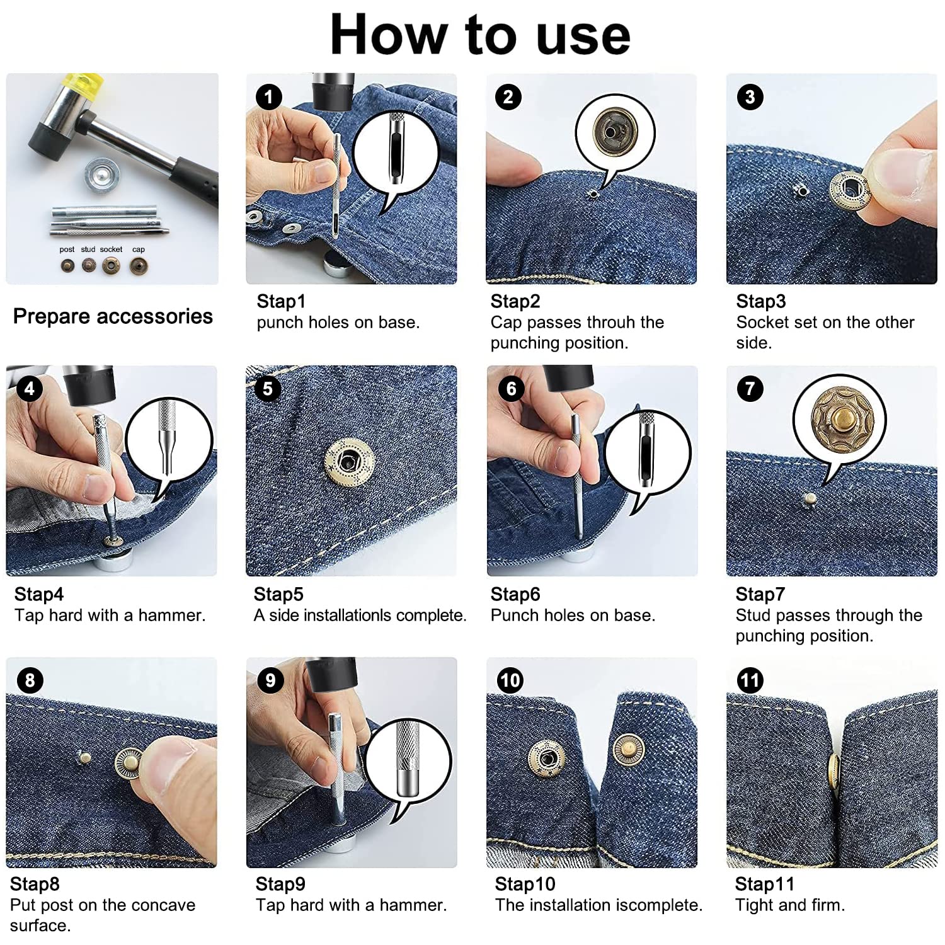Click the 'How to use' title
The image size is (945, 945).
[x=480, y=35]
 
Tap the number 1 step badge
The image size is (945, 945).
[x=268, y=97]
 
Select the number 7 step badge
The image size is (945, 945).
[x=750, y=388]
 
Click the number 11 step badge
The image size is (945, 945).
[x=750, y=680]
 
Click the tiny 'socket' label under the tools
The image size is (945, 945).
[x=111, y=249]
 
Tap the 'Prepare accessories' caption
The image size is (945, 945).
[x=113, y=316]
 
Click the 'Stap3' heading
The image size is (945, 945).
[x=760, y=301]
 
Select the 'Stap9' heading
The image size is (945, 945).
[x=280, y=884]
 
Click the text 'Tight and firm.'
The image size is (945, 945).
[x=789, y=905]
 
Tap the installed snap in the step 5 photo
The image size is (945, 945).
[x=348, y=463]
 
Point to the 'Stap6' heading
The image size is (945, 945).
[x=515, y=594]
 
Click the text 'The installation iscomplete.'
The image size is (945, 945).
[x=598, y=905]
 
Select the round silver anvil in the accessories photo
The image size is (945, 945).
[x=101, y=175]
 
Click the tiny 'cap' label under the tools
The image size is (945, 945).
[x=139, y=250]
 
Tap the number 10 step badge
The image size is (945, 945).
[x=510, y=680]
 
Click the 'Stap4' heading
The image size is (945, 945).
[x=39, y=594]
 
